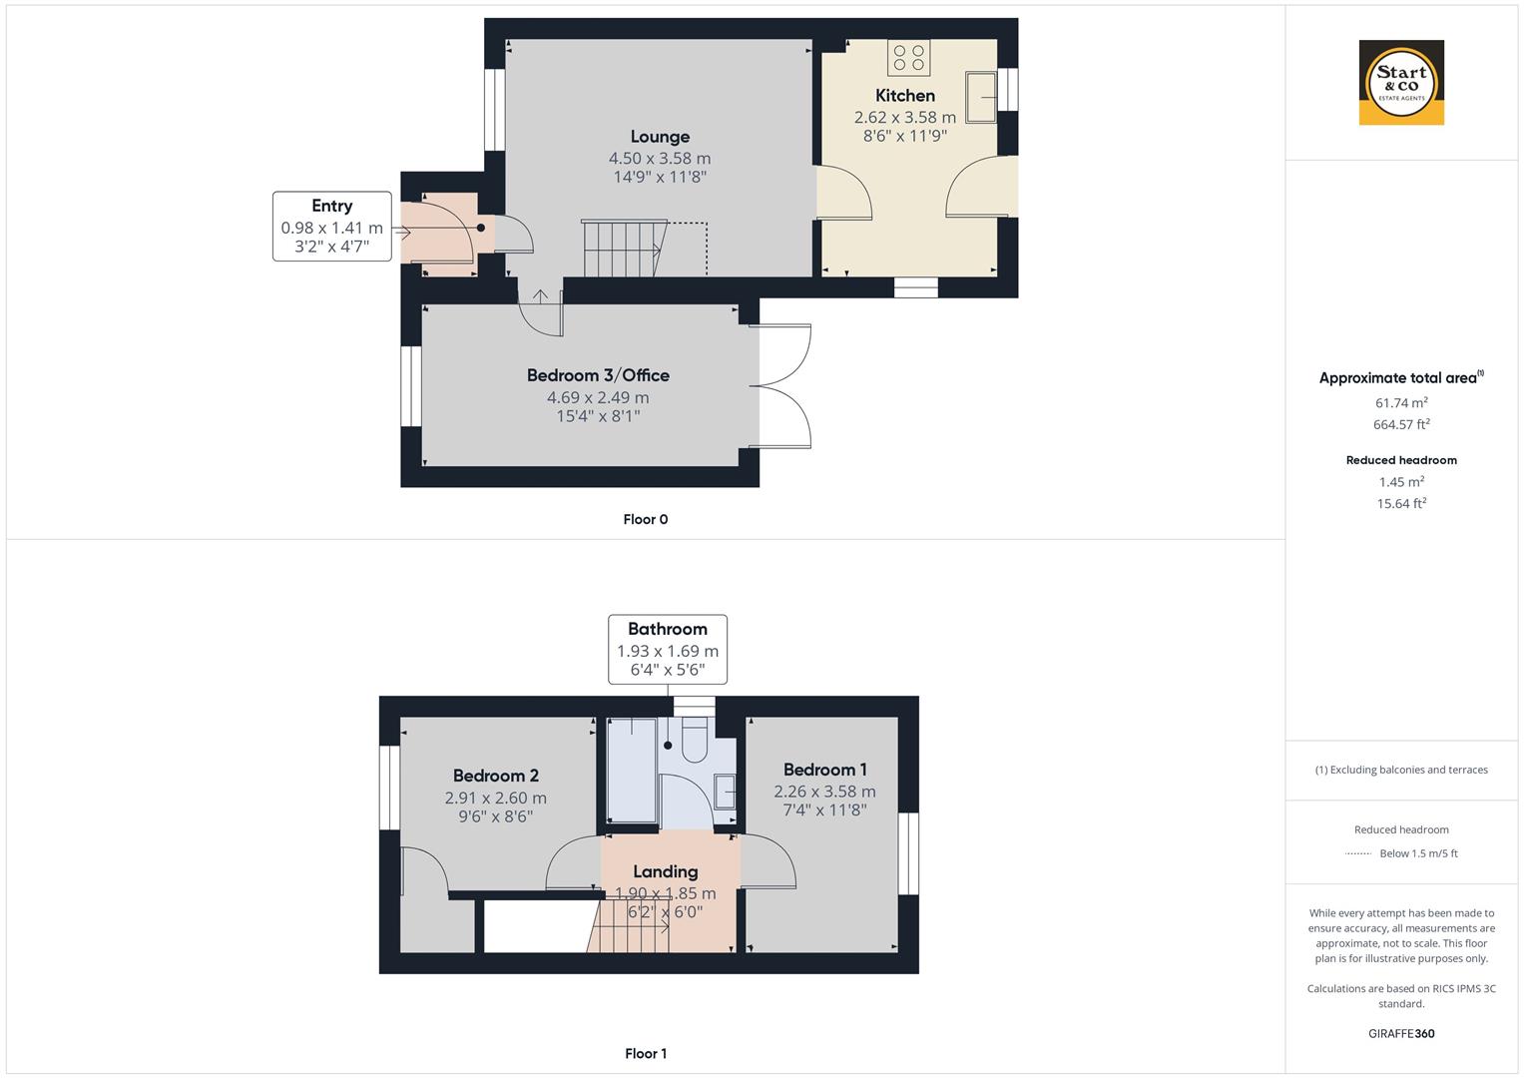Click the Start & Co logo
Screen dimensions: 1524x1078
(1401, 82)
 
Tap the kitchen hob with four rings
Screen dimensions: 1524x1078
(908, 57)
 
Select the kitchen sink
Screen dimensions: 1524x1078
(980, 98)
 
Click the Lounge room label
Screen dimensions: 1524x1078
(660, 137)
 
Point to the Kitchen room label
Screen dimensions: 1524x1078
(905, 95)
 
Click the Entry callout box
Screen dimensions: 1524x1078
(332, 226)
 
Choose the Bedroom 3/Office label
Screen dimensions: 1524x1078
(598, 375)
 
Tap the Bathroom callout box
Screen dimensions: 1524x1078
(668, 649)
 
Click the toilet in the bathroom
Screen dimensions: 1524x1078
(694, 741)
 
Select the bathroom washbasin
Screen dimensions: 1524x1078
(725, 792)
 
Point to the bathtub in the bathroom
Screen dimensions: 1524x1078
(632, 771)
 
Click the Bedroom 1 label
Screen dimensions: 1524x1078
(824, 770)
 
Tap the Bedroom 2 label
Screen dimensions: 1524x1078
(495, 776)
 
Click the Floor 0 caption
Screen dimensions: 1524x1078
(646, 519)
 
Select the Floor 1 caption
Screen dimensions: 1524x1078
(646, 1053)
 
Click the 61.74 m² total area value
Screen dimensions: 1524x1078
(1401, 402)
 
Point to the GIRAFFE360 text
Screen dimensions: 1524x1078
(1401, 1034)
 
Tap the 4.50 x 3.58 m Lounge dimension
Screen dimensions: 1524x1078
(660, 159)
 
